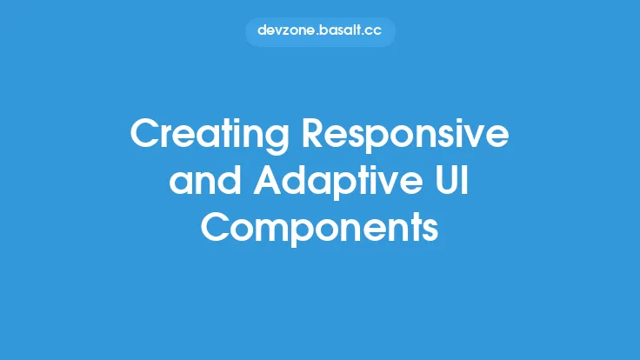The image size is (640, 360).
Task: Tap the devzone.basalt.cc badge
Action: [x=320, y=30]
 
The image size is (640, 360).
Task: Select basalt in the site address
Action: [x=340, y=30]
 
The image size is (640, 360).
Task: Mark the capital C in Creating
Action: [x=143, y=136]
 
